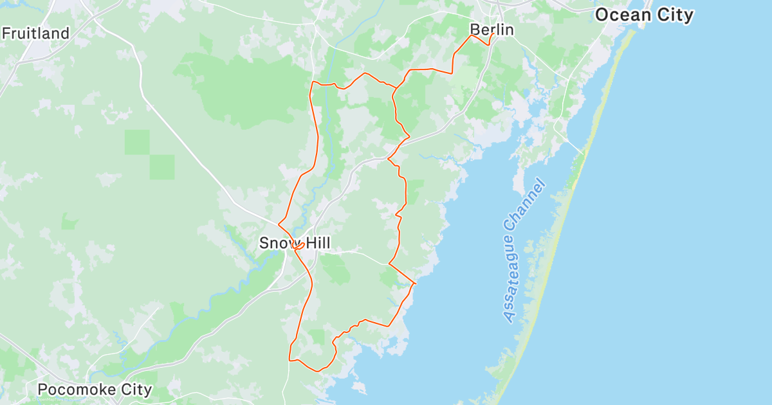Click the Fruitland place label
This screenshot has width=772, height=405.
tap(36, 33)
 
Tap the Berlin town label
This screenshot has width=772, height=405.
tap(492, 30)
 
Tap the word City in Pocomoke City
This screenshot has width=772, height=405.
tap(134, 390)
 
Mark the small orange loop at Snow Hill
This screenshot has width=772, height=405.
tap(298, 245)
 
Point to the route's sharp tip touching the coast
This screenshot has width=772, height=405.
tap(416, 283)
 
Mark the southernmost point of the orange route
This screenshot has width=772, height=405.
tap(317, 371)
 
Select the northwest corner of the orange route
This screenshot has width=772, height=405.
tap(313, 82)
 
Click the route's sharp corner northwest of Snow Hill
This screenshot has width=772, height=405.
tap(279, 224)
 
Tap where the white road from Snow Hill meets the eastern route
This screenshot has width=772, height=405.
tap(389, 263)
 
